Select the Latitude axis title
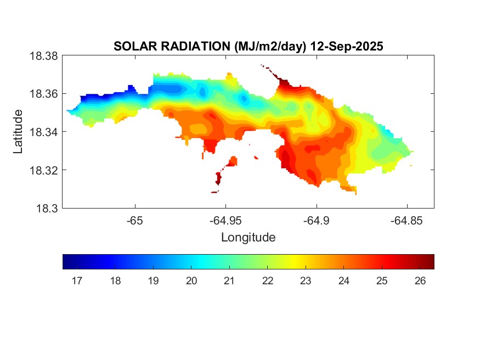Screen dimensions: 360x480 click(18, 132)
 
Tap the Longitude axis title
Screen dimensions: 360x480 click(248, 238)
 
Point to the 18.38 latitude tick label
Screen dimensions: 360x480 click(43, 55)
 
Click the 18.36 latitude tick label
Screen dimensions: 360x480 click(43, 94)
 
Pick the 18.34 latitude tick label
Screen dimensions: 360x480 click(43, 132)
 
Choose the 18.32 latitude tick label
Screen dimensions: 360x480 click(43, 170)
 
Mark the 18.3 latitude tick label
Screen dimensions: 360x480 click(46, 208)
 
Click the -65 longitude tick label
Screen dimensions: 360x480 click(135, 221)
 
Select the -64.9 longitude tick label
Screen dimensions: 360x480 click(316, 221)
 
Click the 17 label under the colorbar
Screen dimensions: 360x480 click(77, 281)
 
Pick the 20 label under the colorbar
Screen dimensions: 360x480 click(191, 281)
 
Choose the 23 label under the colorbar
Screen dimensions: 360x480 click(306, 281)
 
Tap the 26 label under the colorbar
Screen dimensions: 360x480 click(420, 281)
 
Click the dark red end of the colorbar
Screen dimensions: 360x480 click(431, 262)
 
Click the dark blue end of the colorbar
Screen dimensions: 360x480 click(66, 262)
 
